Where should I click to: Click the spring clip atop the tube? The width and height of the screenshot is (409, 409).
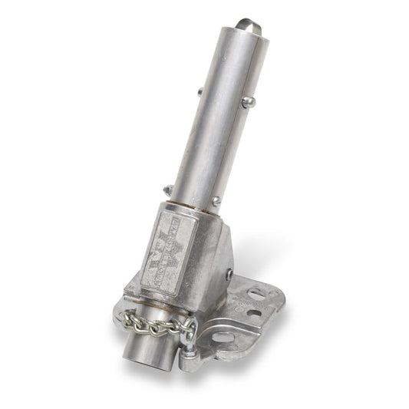pyautogui.click(x=252, y=27)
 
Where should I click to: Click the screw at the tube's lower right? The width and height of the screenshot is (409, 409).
pyautogui.click(x=217, y=202)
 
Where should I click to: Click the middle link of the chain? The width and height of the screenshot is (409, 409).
pyautogui.click(x=159, y=328)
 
